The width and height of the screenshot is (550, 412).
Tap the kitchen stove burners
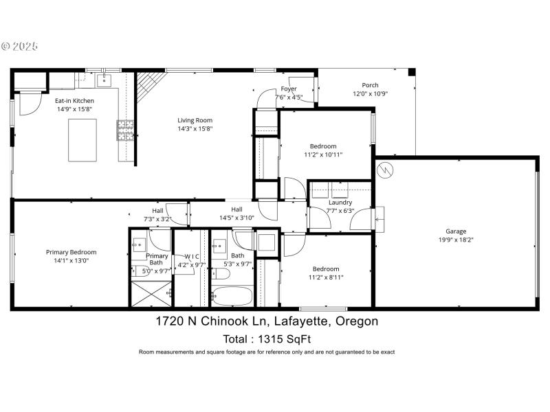126,130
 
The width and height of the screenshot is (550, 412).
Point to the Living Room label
195,120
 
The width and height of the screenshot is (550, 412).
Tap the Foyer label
289,89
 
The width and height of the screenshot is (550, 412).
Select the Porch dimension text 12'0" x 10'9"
371,94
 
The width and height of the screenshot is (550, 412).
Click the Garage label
456,231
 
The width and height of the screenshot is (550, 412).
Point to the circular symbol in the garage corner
386,168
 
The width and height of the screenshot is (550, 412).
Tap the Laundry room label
340,203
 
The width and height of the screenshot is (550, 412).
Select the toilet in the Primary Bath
137,271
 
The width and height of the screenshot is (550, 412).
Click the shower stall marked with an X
151,295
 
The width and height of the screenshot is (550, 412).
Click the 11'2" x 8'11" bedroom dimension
326,277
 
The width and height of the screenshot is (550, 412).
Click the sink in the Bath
220,244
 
